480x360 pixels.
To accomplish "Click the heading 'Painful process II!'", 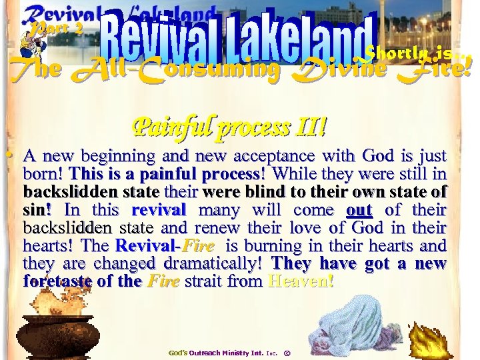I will pos(231,127).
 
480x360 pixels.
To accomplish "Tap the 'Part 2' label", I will pos(58,28).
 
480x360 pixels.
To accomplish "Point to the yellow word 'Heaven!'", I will pos(299,281).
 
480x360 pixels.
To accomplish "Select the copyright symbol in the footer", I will pos(287,351).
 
